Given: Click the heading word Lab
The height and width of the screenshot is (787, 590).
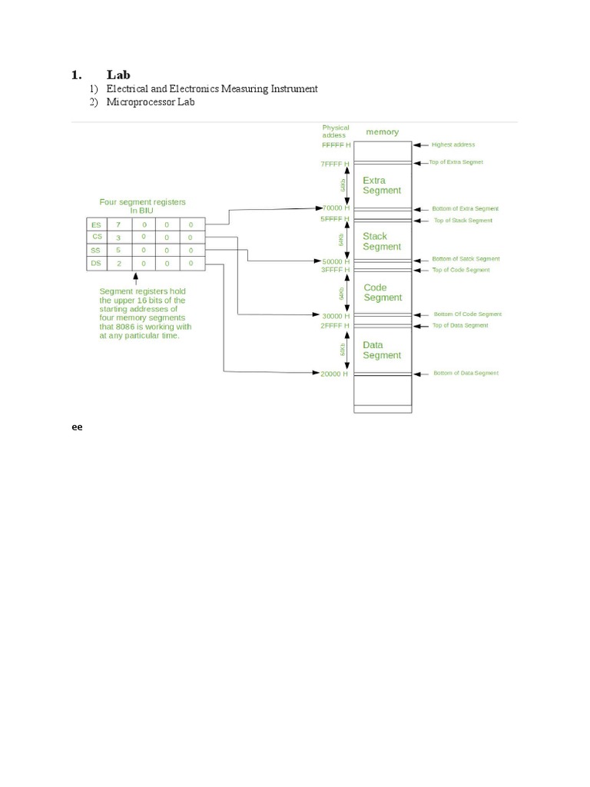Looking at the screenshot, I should pos(118,75).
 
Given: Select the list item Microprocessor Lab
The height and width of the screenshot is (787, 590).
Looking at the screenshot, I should pos(151,102).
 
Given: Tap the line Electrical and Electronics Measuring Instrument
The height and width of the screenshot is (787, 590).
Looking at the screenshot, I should pos(211,88).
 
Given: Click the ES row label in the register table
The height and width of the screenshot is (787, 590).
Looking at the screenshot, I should pos(96,224).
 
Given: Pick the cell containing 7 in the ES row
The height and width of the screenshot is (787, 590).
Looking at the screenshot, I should pos(118,224).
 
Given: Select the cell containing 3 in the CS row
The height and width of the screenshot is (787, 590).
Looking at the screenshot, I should pos(118,237).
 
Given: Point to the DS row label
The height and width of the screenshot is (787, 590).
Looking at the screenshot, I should pos(96,264).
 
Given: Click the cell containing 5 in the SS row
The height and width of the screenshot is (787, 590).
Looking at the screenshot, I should pos(118,251).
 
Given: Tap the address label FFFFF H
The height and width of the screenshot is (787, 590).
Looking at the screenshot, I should pos(336,144).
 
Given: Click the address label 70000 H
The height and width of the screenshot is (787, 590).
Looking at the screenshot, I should pos(336,208).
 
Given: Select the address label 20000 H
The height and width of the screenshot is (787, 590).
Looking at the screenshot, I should pos(335,374).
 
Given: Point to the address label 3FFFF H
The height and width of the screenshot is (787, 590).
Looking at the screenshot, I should pos(335,270).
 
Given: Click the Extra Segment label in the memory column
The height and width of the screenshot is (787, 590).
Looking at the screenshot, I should pos(382,185).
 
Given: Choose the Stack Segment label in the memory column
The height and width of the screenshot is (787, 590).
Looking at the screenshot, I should pos(382,241).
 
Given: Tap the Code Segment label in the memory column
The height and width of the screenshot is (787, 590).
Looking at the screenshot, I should pos(383,293).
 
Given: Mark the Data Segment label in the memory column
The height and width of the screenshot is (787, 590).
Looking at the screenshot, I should pos(382,350).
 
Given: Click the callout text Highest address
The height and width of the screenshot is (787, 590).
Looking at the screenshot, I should pos(453,144).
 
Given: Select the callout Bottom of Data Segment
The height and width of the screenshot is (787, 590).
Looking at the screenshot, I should pos(466,374).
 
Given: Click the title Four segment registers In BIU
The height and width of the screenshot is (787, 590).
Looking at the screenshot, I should pos(142,206).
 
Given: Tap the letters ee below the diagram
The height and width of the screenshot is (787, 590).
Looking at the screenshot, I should pos(77,427).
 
